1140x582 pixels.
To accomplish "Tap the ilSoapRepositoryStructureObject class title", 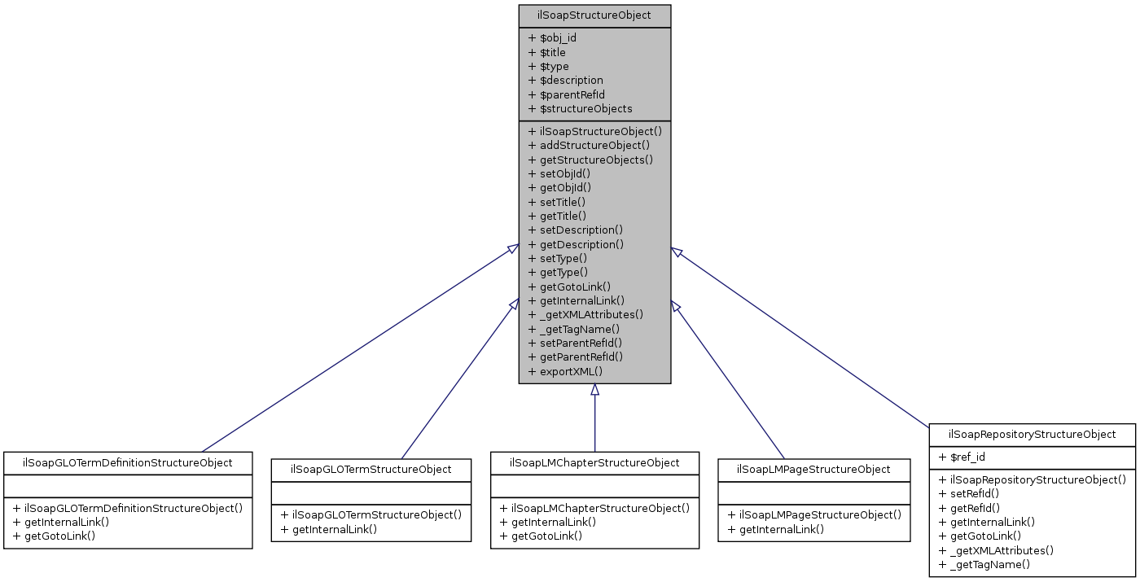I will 1033,434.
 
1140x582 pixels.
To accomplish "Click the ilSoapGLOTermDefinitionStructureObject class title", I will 128,462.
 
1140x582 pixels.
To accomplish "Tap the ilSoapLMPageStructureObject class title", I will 813,469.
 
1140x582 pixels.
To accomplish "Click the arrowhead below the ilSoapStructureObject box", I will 594,390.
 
